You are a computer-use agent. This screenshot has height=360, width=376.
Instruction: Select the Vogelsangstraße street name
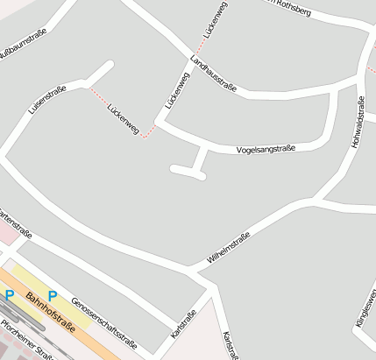[266, 149]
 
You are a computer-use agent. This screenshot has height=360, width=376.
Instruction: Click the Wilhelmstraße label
[228, 248]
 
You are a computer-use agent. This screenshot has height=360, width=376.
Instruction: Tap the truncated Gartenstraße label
[15, 224]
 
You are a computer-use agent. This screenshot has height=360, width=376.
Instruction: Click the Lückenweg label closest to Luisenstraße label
[123, 122]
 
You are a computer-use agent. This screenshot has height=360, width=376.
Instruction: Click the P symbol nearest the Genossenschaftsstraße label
[53, 295]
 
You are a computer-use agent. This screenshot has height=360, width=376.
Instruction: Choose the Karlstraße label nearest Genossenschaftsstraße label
[184, 325]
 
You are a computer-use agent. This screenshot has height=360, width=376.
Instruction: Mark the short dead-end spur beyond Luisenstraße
[101, 72]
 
